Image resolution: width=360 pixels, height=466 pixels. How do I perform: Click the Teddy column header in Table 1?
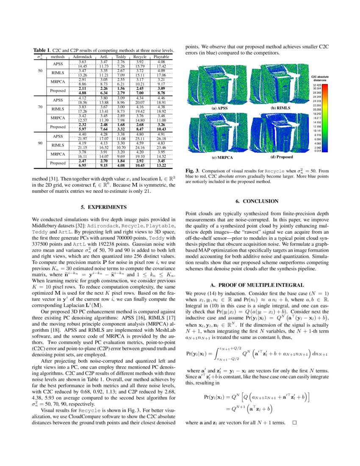120,56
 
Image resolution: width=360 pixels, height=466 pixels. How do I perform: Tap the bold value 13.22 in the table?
161,165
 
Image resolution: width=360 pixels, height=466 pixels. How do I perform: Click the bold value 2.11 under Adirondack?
83,88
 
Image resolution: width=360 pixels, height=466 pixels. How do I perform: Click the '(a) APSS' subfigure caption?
219,108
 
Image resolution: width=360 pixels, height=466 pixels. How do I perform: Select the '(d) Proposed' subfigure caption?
282,157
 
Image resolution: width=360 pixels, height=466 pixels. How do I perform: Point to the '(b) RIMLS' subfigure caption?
281,108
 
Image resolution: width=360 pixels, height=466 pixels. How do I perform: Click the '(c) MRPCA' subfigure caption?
219,157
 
